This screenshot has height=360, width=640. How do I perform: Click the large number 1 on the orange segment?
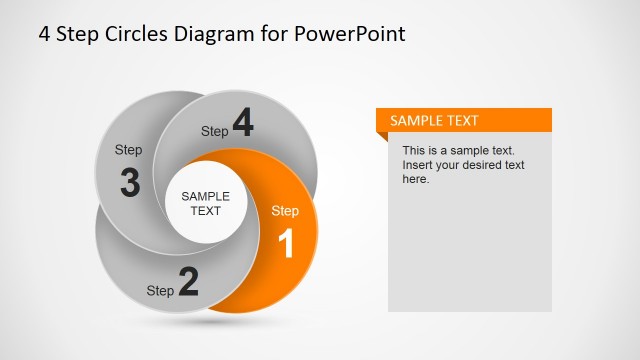[285, 243]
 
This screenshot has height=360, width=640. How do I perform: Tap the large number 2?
[188, 282]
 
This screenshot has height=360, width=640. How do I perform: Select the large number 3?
[129, 183]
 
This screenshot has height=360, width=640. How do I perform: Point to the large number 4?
[243, 123]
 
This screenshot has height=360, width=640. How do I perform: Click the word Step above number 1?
[285, 211]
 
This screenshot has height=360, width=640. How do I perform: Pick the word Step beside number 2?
[160, 291]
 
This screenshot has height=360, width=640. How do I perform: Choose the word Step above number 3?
[128, 150]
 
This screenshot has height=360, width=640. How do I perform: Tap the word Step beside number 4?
[215, 131]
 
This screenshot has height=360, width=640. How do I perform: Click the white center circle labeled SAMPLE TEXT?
[205, 204]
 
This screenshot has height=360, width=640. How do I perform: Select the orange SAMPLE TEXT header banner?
[463, 120]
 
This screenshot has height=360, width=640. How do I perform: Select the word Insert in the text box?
[418, 165]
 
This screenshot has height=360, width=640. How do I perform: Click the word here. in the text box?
[416, 179]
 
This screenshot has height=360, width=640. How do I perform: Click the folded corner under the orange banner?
[382, 137]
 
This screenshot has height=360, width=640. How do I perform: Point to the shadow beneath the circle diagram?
[205, 322]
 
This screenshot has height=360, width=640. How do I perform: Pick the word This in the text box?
[414, 151]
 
